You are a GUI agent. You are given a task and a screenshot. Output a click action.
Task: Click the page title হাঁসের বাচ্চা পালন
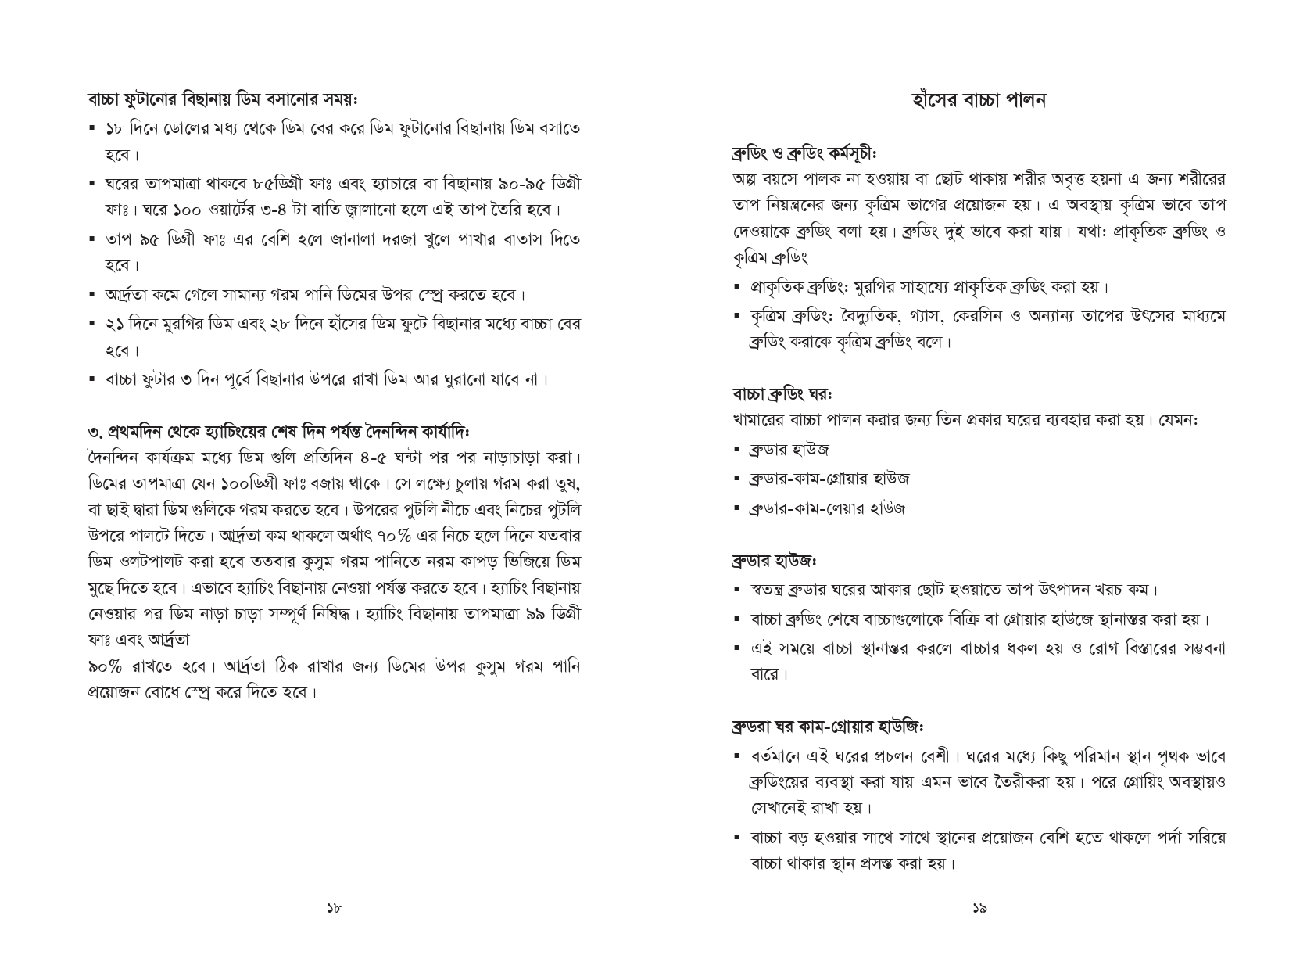pyautogui.click(x=979, y=100)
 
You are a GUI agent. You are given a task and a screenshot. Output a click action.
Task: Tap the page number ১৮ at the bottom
pyautogui.click(x=334, y=908)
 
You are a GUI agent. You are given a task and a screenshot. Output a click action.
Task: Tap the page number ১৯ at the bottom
pyautogui.click(x=979, y=908)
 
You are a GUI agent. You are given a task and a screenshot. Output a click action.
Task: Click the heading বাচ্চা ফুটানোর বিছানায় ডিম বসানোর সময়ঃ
pyautogui.click(x=223, y=101)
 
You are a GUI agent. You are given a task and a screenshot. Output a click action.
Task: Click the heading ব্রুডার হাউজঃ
pyautogui.click(x=774, y=561)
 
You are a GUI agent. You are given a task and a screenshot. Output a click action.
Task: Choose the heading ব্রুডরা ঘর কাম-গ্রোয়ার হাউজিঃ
pyautogui.click(x=828, y=727)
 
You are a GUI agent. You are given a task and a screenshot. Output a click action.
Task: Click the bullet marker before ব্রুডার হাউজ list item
pyautogui.click(x=737, y=450)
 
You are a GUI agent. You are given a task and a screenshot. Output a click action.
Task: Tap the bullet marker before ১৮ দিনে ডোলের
pyautogui.click(x=93, y=127)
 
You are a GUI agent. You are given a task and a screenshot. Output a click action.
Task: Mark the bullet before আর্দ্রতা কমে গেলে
pyautogui.click(x=93, y=295)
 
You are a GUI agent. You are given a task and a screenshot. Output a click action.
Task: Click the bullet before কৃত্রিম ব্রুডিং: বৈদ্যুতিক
pyautogui.click(x=737, y=316)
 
